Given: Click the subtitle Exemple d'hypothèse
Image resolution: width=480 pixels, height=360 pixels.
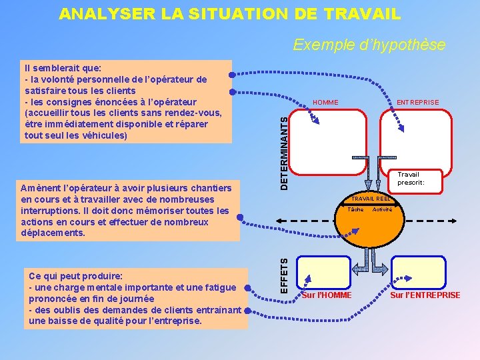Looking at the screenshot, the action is click(369, 45).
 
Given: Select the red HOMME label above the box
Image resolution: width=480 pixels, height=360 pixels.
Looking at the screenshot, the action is click(325, 102).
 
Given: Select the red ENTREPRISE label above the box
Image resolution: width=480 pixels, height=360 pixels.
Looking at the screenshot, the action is click(417, 102).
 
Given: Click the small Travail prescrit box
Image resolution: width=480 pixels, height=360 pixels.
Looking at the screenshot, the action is click(411, 179).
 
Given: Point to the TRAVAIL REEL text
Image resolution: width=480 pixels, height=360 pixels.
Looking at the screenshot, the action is click(371, 199).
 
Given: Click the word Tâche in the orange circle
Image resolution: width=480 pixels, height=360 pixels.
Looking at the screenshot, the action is click(356, 209).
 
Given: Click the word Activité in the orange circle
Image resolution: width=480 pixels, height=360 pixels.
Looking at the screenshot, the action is click(382, 209).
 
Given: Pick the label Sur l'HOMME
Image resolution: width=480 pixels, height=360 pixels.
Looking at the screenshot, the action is click(327, 295).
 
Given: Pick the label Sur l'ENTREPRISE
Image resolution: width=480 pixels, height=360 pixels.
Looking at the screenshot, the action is click(425, 295).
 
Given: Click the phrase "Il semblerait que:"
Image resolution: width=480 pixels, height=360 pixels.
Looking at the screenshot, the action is click(62, 68).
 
